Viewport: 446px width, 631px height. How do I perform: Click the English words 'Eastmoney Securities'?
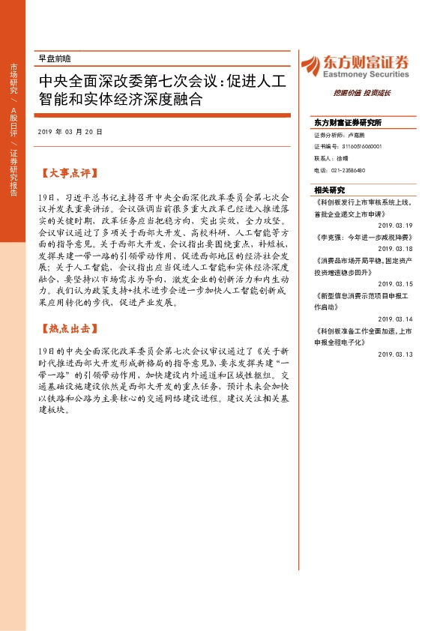[x=364, y=75]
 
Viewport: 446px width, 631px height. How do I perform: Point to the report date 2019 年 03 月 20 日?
[x=70, y=131]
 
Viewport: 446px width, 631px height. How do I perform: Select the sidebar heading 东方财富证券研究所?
[x=348, y=122]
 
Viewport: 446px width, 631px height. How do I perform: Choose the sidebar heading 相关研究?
[x=329, y=190]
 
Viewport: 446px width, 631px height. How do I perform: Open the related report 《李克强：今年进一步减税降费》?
[x=364, y=237]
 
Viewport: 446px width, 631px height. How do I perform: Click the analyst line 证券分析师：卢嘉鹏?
[x=340, y=136]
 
